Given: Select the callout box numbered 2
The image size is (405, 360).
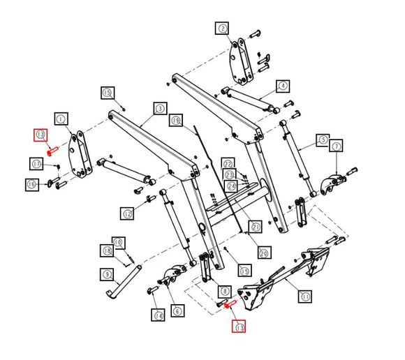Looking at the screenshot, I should (x=222, y=28).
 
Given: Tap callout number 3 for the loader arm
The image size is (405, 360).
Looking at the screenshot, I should (x=160, y=108).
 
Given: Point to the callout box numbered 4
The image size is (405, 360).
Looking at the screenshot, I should (x=282, y=87).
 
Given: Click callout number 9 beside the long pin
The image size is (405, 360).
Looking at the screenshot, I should (x=106, y=274).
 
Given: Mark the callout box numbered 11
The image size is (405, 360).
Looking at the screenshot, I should (x=305, y=296).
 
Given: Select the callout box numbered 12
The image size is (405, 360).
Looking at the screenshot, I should (x=127, y=213).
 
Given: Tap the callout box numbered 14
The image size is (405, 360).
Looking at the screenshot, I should (x=159, y=316).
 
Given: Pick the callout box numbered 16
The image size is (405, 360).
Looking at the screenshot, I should (x=31, y=184).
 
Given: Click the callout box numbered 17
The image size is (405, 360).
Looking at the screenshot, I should (x=36, y=163).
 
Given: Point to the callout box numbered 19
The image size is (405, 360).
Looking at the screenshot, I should (x=175, y=120).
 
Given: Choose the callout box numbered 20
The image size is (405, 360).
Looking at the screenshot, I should (x=264, y=252).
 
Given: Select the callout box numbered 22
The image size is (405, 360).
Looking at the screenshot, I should (x=228, y=163).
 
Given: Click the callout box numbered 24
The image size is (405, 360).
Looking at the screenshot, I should (x=231, y=186).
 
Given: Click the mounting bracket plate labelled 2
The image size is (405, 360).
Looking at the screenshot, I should (x=242, y=63).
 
